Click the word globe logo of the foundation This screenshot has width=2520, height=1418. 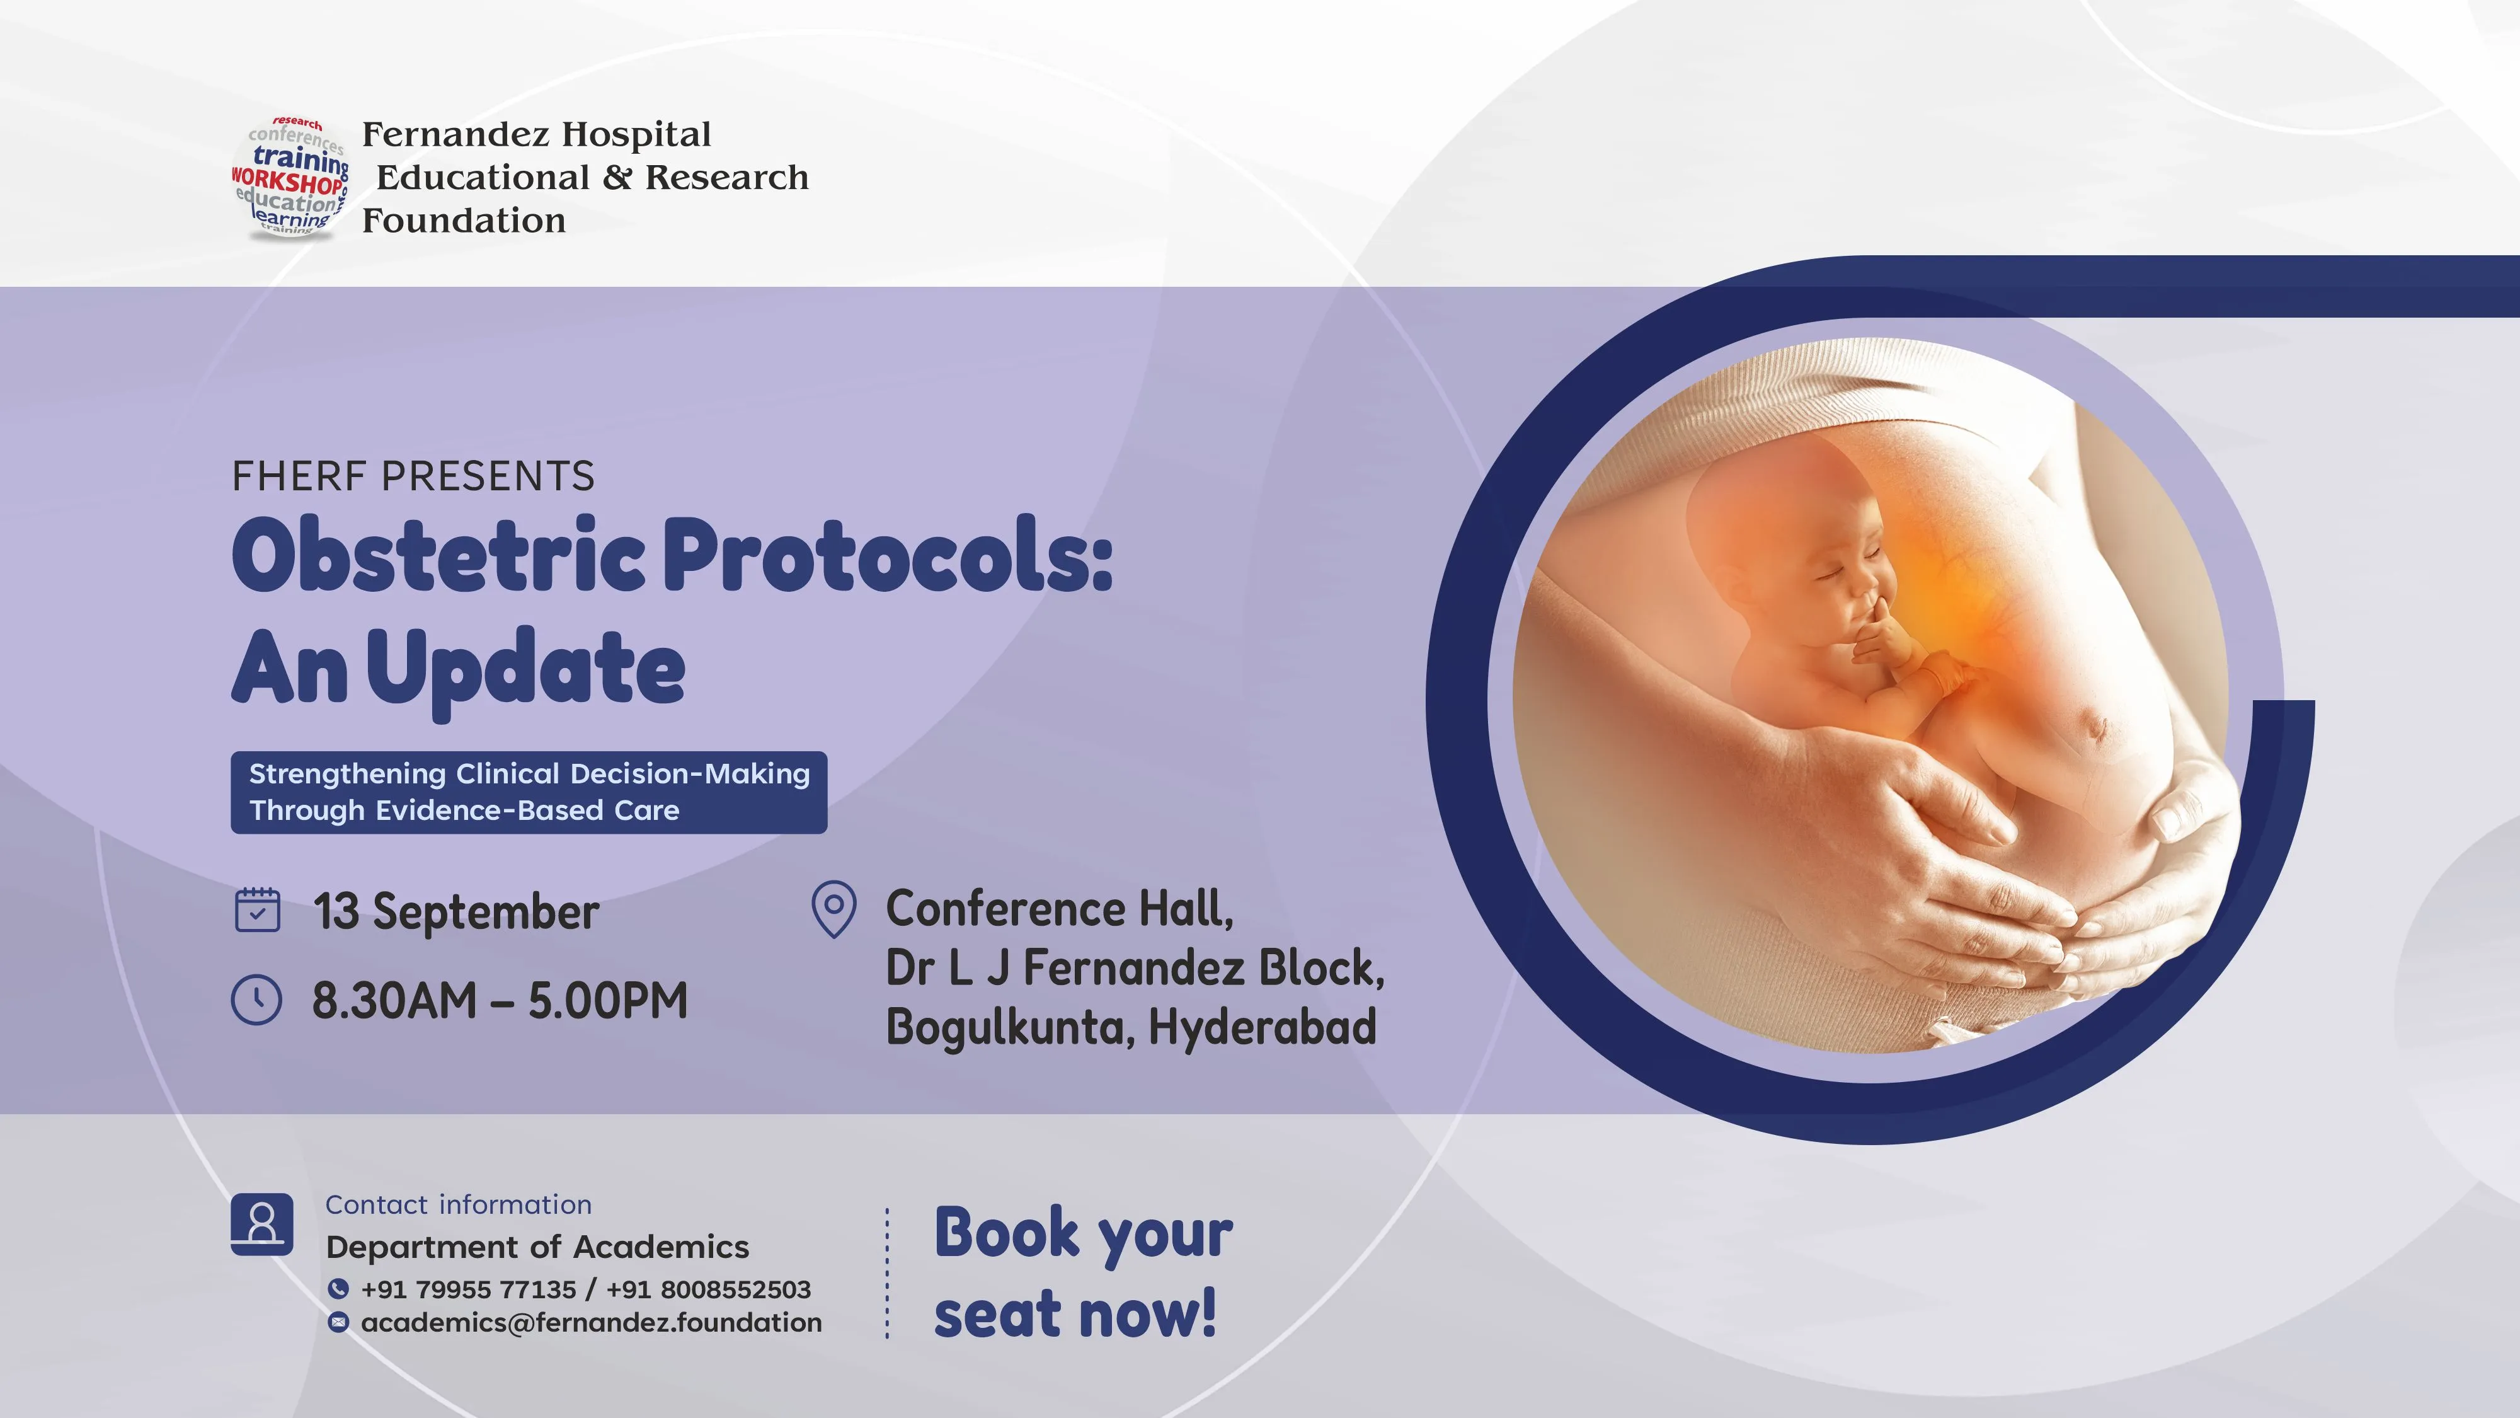pyautogui.click(x=290, y=177)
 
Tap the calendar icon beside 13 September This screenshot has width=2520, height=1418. pyautogui.click(x=257, y=909)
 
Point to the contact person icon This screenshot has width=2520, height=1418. pyautogui.click(x=262, y=1223)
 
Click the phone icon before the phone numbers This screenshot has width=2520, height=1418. pyautogui.click(x=338, y=1289)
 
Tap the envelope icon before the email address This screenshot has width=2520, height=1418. pyautogui.click(x=338, y=1322)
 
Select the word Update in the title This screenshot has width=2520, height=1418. pyautogui.click(x=526, y=669)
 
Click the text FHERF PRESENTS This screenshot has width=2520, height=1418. pyautogui.click(x=413, y=476)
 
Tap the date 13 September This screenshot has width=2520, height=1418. pyautogui.click(x=456, y=912)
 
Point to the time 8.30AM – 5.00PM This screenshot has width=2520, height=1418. pyautogui.click(x=500, y=1000)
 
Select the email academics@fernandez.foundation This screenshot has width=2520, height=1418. pyautogui.click(x=591, y=1322)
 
